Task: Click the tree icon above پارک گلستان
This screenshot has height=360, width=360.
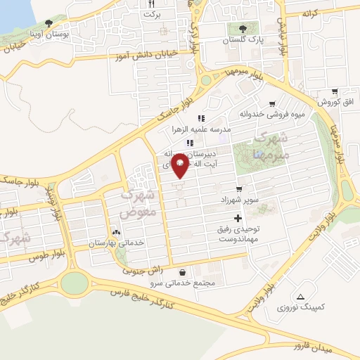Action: (x=243, y=29)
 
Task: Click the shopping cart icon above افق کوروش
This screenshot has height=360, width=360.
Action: (x=334, y=91)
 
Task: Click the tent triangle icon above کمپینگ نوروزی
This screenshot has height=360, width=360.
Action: (x=302, y=295)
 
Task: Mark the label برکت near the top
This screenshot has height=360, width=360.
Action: (x=152, y=14)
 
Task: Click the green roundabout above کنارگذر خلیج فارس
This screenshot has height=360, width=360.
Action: (x=74, y=283)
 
